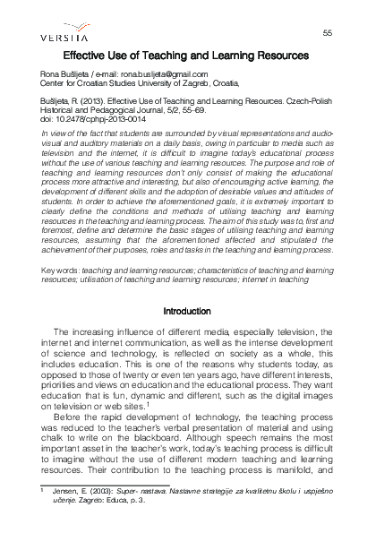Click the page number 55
327,33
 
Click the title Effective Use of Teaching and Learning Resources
187,55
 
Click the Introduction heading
187,312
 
